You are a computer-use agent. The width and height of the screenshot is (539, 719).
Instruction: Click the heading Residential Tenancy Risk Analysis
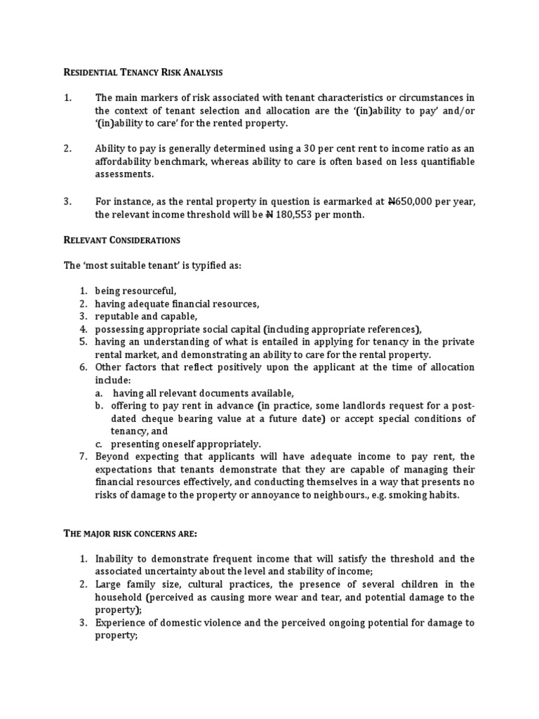click(x=144, y=72)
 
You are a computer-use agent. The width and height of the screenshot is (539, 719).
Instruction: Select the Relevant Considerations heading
click(x=122, y=240)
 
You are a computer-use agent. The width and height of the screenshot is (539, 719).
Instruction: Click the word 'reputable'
click(x=117, y=317)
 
